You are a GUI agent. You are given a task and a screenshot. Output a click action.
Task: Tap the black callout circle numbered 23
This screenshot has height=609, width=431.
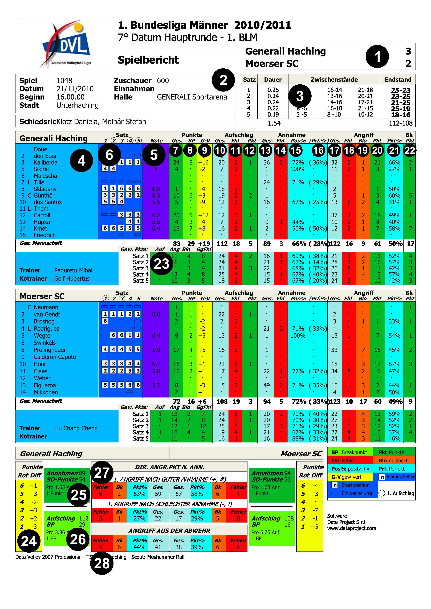click(161, 264)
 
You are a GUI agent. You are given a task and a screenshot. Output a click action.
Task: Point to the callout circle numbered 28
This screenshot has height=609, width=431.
click(102, 563)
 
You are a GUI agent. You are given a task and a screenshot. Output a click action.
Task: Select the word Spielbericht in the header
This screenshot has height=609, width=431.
click(148, 60)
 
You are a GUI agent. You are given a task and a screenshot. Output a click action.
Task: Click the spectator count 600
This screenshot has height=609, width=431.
click(163, 81)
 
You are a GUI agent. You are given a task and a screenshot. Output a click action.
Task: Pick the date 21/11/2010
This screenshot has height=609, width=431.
click(75, 89)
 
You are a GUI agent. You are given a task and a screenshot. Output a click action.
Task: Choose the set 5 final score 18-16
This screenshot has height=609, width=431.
click(400, 115)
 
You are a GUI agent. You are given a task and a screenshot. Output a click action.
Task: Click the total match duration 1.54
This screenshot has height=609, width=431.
click(274, 123)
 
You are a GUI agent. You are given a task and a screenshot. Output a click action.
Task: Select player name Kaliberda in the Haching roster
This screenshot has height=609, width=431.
click(45, 162)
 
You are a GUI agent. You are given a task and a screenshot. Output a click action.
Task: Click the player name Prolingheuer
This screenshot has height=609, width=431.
click(50, 350)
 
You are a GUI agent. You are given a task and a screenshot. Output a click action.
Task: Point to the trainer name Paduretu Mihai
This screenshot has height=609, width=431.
click(73, 270)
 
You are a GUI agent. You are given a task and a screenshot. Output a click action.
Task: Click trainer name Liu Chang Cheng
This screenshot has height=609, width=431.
click(76, 428)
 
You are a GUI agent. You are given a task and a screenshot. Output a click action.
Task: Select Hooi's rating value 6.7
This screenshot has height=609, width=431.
click(156, 364)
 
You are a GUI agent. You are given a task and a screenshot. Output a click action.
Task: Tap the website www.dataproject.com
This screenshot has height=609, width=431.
click(351, 528)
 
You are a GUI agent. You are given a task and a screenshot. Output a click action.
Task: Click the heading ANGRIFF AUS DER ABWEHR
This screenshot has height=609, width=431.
click(169, 531)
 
